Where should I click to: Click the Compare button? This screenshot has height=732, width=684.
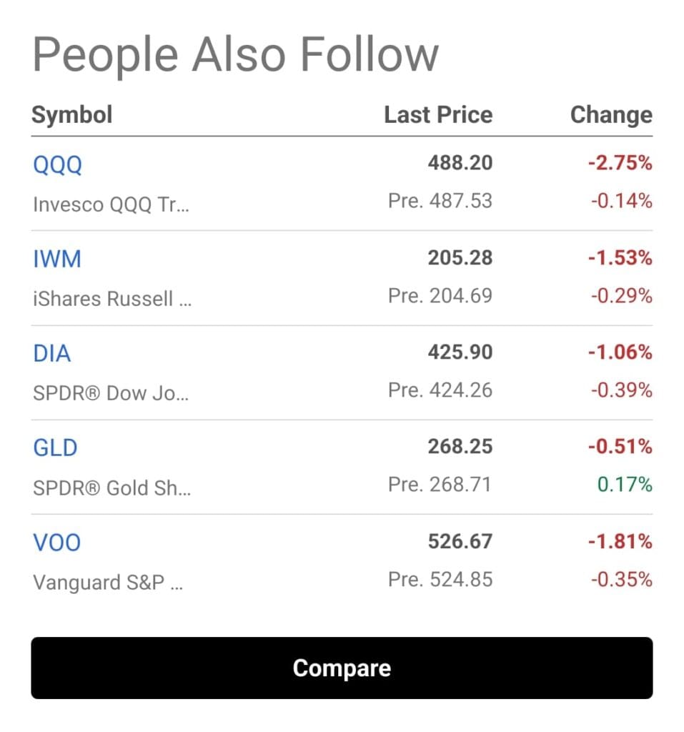342,668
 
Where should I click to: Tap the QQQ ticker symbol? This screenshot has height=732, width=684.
58,164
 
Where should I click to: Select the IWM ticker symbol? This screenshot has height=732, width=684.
57,259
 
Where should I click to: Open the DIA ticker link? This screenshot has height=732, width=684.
52,353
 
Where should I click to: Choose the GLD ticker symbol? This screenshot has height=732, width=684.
55,447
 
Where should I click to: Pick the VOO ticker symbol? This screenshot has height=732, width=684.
57,542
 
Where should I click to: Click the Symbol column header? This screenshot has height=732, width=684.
72,114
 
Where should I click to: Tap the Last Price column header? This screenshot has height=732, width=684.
438,114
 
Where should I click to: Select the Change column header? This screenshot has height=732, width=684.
611,114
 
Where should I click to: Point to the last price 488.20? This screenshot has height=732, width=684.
460,163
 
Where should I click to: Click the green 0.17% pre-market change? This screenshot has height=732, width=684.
625,485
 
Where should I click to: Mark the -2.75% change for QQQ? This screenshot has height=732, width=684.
620,163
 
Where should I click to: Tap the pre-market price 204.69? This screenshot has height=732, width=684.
460,295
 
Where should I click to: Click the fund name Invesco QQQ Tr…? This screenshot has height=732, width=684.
111,204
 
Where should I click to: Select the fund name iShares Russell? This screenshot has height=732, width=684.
111,299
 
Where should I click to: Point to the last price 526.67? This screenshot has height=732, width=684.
460,541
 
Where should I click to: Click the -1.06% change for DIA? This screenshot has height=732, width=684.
620,352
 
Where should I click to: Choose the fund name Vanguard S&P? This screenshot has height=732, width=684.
108,582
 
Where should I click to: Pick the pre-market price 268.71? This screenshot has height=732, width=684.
460,485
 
